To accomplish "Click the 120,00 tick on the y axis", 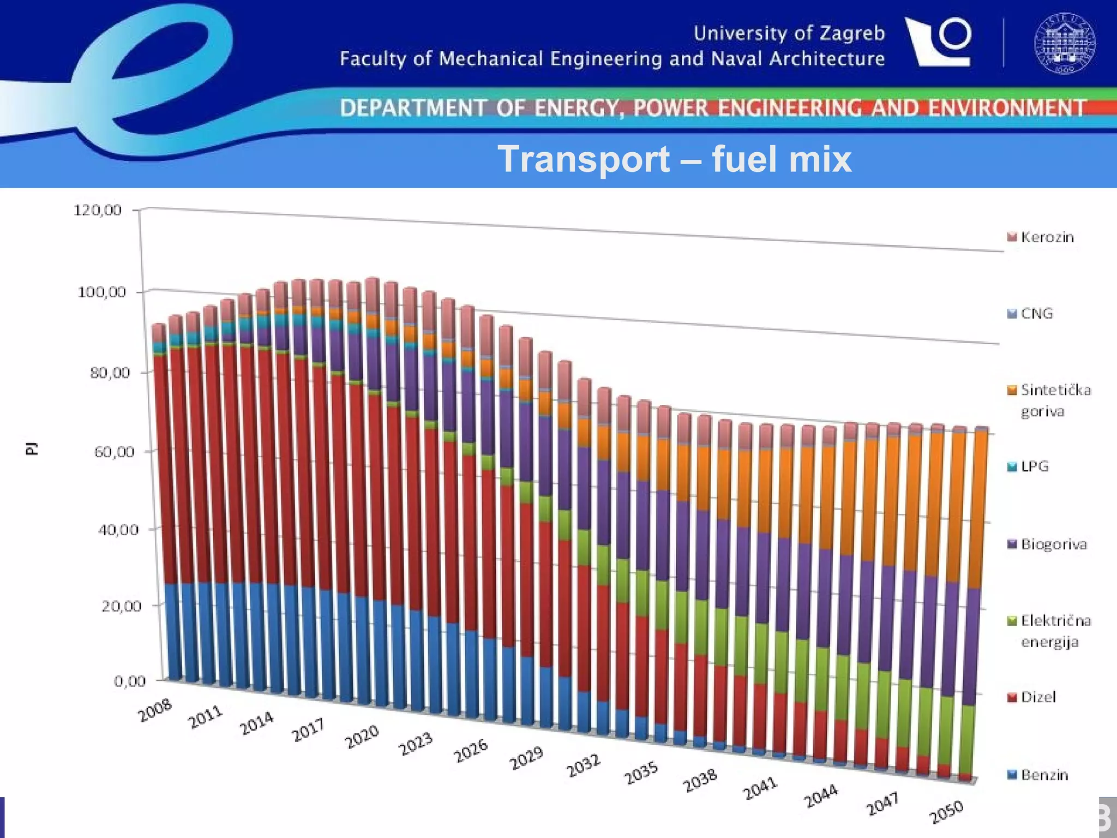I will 98,210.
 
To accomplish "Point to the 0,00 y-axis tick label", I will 130,681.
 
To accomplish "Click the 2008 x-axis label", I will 155,710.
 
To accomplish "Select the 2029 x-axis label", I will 526,758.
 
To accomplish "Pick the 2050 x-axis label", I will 946,812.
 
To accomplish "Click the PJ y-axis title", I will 32,448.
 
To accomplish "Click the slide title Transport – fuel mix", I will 674,159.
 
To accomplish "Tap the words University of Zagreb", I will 789,33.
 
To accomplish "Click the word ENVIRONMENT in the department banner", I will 1007,107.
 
